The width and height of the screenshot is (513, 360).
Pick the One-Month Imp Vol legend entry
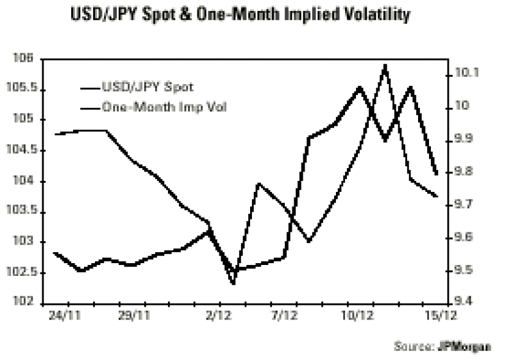pos(164,107)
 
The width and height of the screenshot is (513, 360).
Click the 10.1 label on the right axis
pos(466,73)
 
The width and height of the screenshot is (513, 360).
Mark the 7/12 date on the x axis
pos(283,316)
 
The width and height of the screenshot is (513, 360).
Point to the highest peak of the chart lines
pos(385,65)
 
